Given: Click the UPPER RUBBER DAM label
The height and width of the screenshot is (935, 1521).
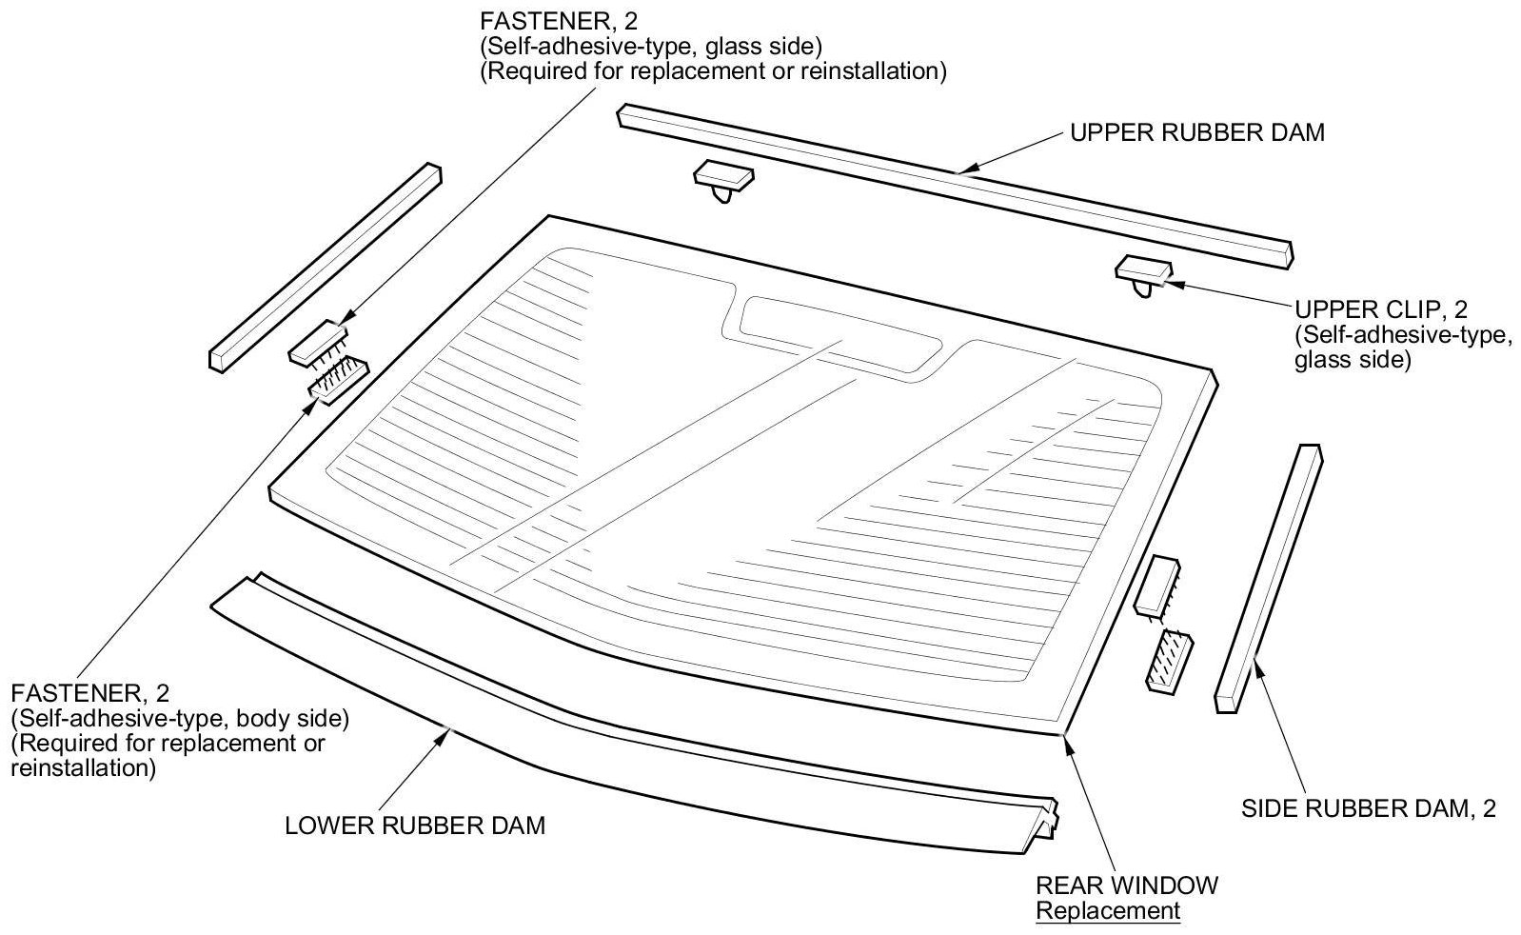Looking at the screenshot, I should (1196, 132).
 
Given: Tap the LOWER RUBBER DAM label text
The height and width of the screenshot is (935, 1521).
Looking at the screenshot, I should (415, 825).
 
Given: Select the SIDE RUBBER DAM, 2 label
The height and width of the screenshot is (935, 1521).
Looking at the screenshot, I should (1369, 808).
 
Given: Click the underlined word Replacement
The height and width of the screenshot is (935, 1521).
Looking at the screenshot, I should (1108, 910).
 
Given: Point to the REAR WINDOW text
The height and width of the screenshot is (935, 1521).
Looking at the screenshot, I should (1126, 885).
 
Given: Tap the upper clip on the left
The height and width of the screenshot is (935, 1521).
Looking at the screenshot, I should (723, 177).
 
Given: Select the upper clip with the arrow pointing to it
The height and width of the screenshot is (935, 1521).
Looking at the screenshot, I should (1143, 269).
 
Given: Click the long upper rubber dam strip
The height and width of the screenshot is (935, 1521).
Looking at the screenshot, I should (952, 178).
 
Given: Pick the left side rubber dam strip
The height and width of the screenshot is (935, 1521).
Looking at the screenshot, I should (325, 267).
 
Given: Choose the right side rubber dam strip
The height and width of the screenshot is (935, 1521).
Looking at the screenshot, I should (1269, 577).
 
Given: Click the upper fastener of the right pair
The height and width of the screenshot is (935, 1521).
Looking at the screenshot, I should (1157, 582).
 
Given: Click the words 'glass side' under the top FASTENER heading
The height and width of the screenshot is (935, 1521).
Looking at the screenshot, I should (750, 46).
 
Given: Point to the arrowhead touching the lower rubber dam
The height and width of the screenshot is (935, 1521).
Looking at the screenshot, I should (445, 732).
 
